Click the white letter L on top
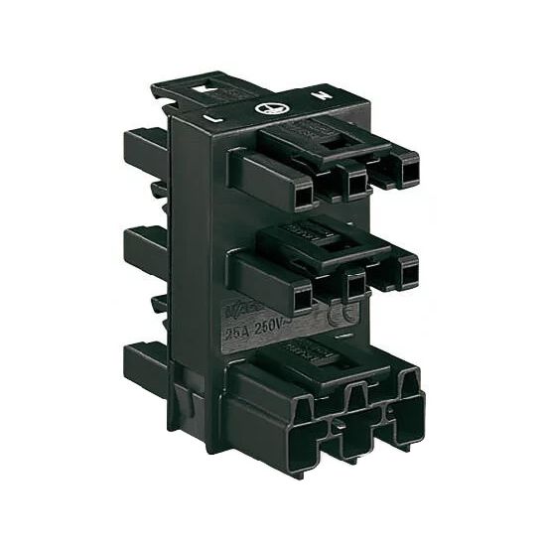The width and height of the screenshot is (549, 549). [212, 117]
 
